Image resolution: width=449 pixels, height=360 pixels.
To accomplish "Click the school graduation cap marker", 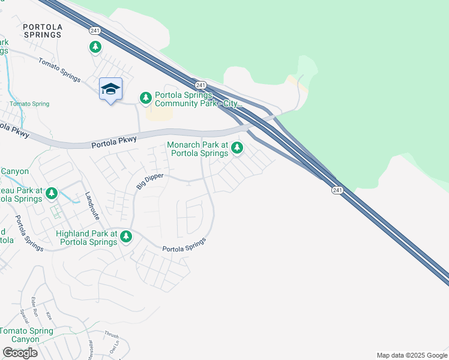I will point(110,89).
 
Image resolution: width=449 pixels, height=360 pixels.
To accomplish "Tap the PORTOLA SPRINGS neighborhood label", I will point(42,31).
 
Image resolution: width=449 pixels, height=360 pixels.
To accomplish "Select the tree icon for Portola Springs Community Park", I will point(145,97).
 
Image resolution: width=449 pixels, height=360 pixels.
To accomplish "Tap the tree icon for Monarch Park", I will point(237,148).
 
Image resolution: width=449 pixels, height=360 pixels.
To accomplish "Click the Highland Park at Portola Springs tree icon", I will point(126,237).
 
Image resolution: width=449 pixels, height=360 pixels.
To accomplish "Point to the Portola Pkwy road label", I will point(114,142).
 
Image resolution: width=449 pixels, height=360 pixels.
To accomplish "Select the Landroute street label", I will point(91,205).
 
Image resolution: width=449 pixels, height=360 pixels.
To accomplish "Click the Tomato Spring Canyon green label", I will point(26,335).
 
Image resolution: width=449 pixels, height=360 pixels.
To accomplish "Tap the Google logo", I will point(20,353).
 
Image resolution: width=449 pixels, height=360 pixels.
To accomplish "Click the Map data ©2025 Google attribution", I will point(411,355).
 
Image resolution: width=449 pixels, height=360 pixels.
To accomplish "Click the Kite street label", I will point(49,315).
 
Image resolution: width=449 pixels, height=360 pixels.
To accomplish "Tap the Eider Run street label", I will point(35,307).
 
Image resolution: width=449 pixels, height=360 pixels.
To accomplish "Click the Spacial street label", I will point(24,314).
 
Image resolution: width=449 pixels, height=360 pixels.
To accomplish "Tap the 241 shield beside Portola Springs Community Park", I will point(200,85).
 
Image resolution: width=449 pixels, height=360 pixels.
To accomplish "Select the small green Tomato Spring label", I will point(29,104).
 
